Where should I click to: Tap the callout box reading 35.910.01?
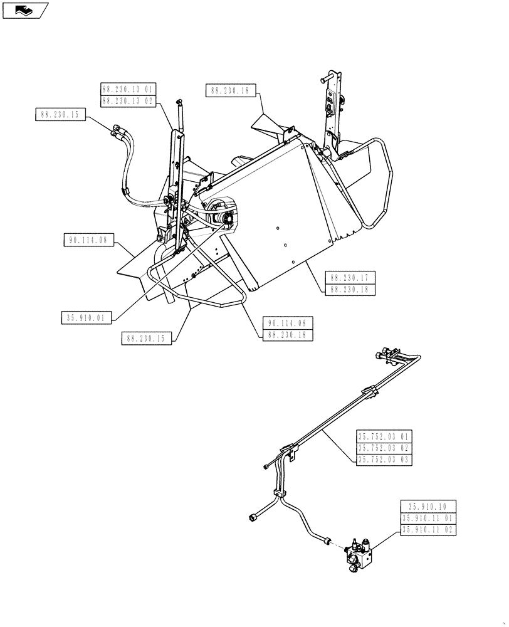click(87, 318)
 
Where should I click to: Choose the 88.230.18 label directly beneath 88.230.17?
click(350, 289)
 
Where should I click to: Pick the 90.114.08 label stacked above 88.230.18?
click(288, 323)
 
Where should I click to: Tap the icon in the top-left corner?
click(25, 9)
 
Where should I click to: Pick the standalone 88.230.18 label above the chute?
click(229, 91)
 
